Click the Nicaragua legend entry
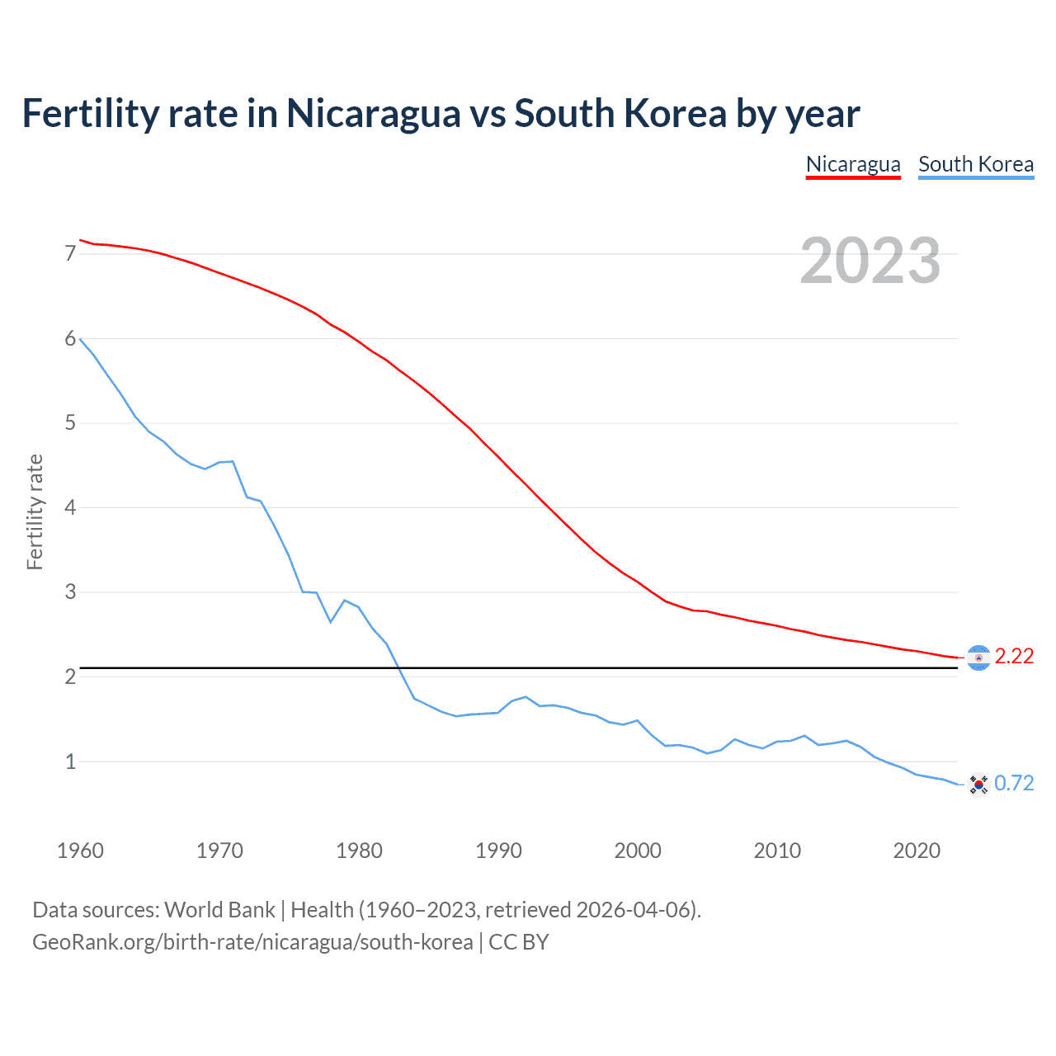tap(853, 164)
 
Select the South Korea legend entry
tap(976, 164)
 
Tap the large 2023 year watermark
tap(870, 261)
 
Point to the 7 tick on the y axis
tap(70, 253)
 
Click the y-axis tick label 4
tap(70, 507)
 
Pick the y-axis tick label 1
tap(70, 761)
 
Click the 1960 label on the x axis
tap(80, 851)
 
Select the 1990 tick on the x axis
tap(498, 851)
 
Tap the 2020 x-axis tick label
tap(917, 851)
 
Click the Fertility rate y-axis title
tap(35, 511)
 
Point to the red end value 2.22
tap(1014, 656)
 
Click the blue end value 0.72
tap(1014, 783)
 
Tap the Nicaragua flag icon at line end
tap(978, 658)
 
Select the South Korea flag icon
tap(978, 785)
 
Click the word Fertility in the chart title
tap(90, 113)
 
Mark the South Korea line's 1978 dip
tap(331, 621)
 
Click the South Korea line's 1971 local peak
tap(233, 462)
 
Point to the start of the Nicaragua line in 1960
tap(80, 240)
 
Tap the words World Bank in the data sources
tap(219, 910)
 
